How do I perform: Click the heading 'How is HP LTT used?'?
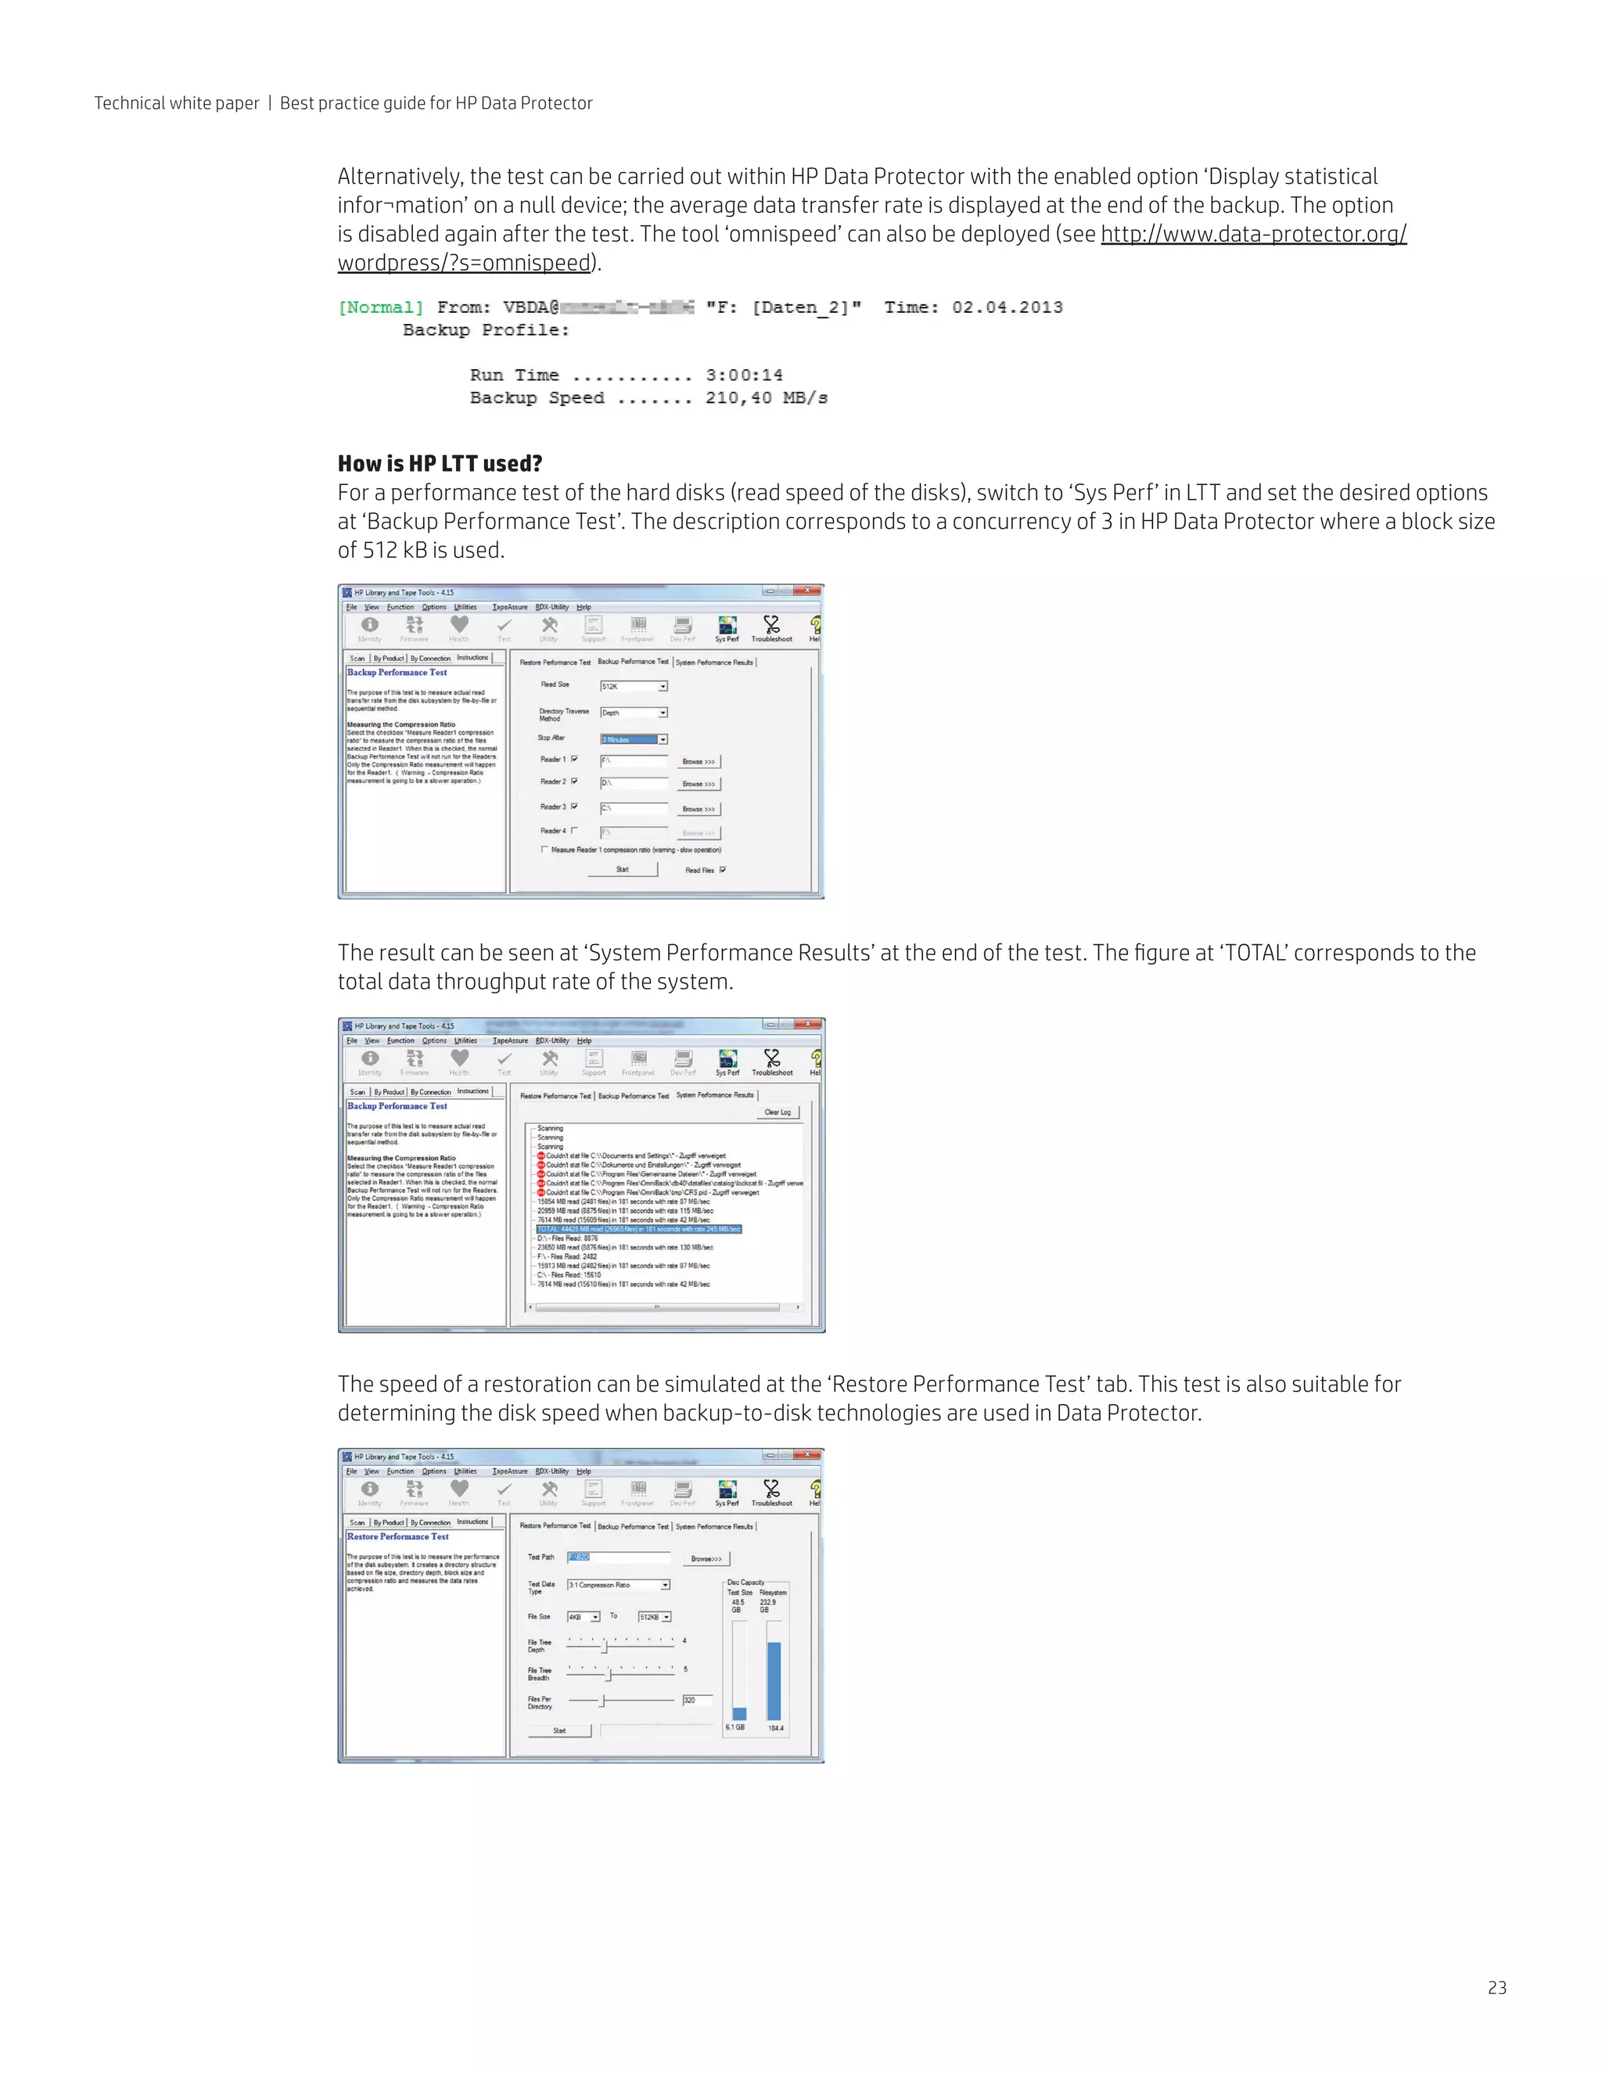(440, 463)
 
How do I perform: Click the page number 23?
(1496, 1987)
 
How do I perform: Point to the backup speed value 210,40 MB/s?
(766, 397)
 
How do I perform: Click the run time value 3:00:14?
(743, 375)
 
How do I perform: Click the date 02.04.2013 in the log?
(1007, 307)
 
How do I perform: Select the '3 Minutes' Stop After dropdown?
(634, 739)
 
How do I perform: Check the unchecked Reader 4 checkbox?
(574, 831)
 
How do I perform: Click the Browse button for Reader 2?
(699, 784)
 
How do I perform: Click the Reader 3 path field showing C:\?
(633, 809)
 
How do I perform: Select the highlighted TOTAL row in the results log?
(639, 1229)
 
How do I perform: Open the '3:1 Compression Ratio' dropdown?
(619, 1585)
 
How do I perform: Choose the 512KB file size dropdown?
(655, 1616)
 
